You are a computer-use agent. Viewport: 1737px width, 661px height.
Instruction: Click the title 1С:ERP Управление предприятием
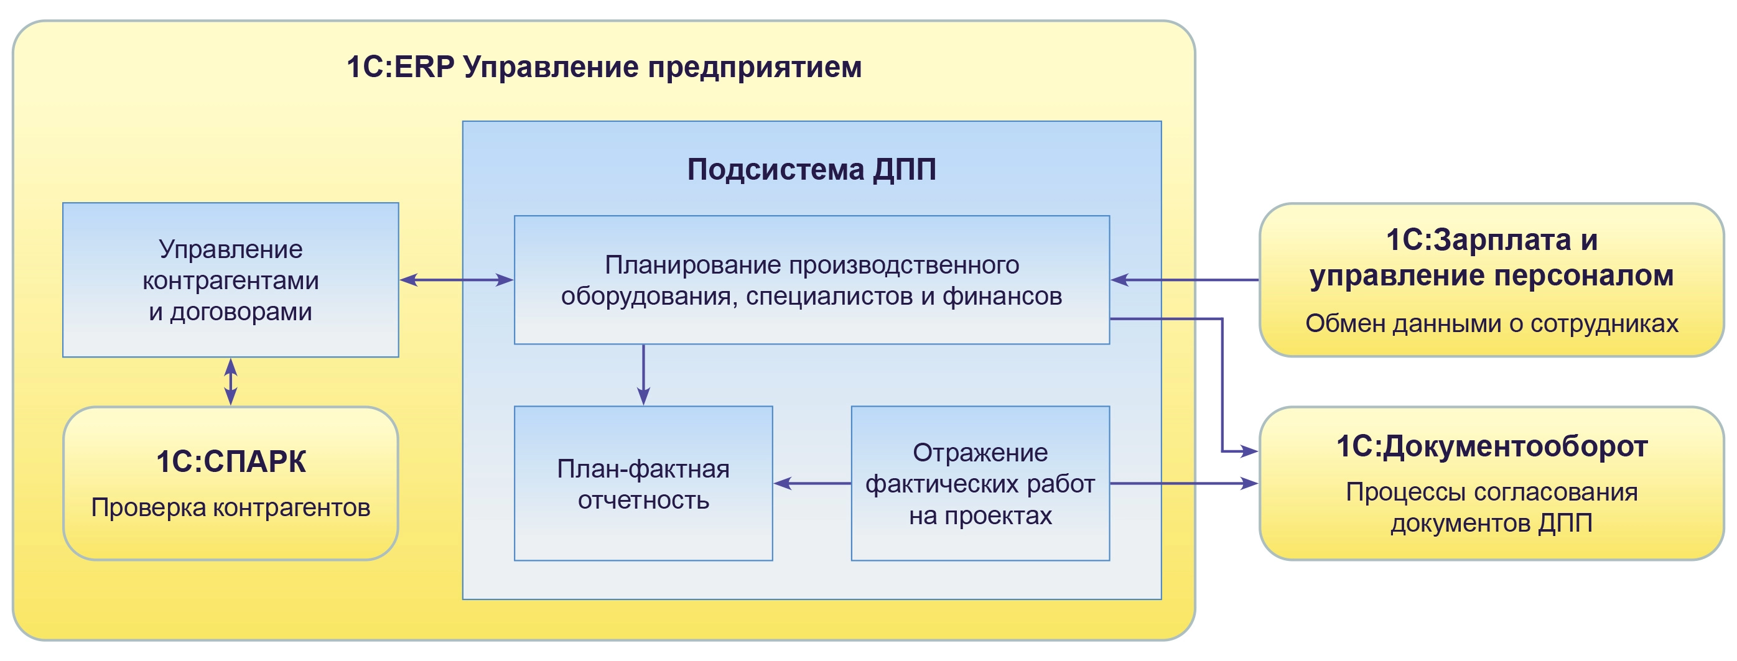pos(603,67)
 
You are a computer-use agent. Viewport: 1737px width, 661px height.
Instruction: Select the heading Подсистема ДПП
pos(811,169)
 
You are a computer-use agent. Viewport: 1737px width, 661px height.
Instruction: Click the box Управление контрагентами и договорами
pos(230,280)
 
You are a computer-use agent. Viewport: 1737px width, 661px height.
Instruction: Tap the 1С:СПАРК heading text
pos(231,462)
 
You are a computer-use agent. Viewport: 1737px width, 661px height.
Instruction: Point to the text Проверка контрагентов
pos(231,507)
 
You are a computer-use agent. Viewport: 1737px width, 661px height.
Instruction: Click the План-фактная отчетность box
pos(643,484)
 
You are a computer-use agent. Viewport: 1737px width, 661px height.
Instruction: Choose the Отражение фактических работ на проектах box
pos(980,484)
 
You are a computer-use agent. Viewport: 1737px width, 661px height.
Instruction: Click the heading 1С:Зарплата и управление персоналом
pos(1491,258)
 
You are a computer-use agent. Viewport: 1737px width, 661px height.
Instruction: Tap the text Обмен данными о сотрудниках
pos(1491,323)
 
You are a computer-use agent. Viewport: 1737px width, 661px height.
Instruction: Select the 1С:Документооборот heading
pos(1491,446)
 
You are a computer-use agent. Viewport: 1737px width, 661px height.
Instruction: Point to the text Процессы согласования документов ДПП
pos(1491,507)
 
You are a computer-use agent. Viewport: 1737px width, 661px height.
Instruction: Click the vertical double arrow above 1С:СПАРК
pos(231,381)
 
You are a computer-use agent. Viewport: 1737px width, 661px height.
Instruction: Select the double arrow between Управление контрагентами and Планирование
pos(457,280)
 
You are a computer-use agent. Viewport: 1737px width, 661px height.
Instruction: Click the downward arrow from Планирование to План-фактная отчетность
pos(643,374)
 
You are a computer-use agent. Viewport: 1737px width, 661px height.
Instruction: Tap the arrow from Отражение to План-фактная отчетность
pos(812,483)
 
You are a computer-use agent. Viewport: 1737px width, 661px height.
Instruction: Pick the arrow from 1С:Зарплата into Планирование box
pos(1184,280)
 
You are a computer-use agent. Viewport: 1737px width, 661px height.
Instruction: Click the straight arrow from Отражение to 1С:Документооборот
pos(1184,483)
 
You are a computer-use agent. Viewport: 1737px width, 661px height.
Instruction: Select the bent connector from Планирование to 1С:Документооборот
pos(1222,384)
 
